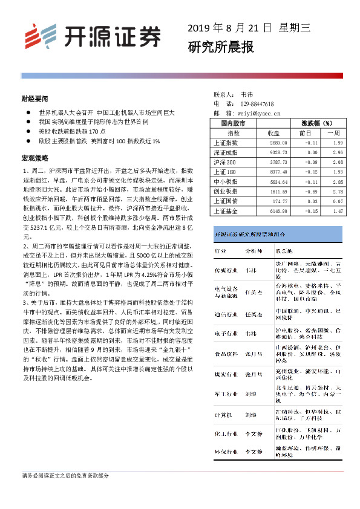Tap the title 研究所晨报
point(212,47)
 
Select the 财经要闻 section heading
point(34,98)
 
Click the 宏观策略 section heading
point(34,158)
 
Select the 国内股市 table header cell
point(234,123)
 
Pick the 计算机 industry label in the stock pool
point(223,415)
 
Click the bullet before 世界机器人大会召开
point(26,112)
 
